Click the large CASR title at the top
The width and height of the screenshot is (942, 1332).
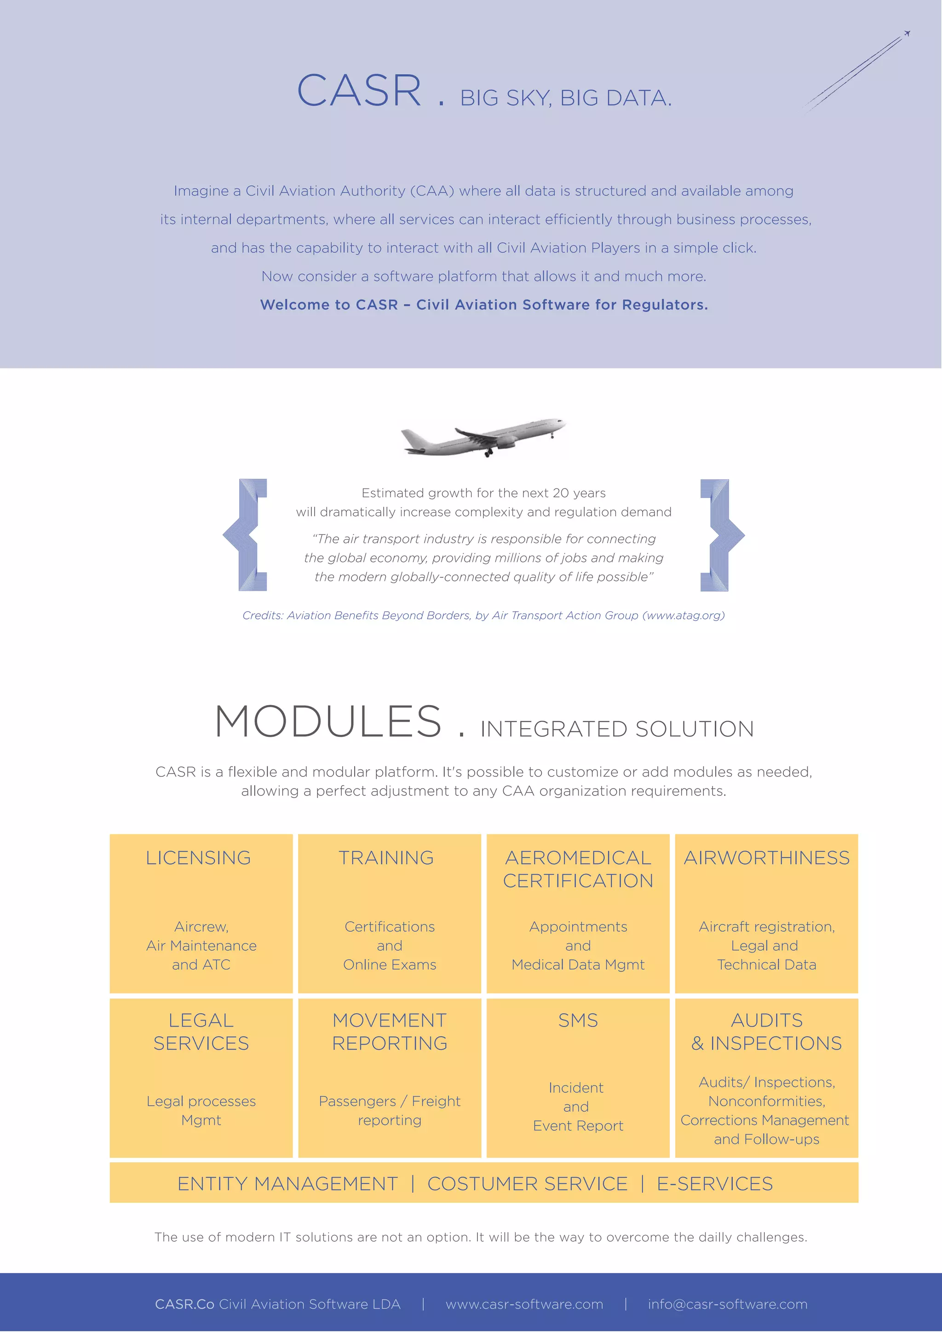pyautogui.click(x=359, y=92)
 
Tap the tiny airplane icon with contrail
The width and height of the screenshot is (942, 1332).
pyautogui.click(x=906, y=34)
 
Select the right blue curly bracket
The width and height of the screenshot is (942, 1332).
pyautogui.click(x=721, y=535)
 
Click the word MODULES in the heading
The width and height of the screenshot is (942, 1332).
pyautogui.click(x=328, y=722)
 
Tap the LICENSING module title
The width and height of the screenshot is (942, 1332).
pyautogui.click(x=198, y=857)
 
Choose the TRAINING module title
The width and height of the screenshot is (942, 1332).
pyautogui.click(x=386, y=857)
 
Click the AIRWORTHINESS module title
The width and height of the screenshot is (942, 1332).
pyautogui.click(x=766, y=857)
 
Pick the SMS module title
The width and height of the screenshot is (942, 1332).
pyautogui.click(x=578, y=1020)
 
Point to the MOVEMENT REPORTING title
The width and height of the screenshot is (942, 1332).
pyautogui.click(x=390, y=1032)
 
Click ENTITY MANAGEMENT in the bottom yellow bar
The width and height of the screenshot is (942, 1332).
pyautogui.click(x=287, y=1183)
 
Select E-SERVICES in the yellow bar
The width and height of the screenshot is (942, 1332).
pyautogui.click(x=715, y=1183)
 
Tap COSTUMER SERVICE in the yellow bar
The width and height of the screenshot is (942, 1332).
pyautogui.click(x=527, y=1183)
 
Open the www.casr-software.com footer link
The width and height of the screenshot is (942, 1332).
pyautogui.click(x=524, y=1304)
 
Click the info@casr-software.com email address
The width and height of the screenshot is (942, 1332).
pyautogui.click(x=727, y=1304)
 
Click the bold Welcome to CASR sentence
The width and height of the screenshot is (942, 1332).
pyautogui.click(x=484, y=304)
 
